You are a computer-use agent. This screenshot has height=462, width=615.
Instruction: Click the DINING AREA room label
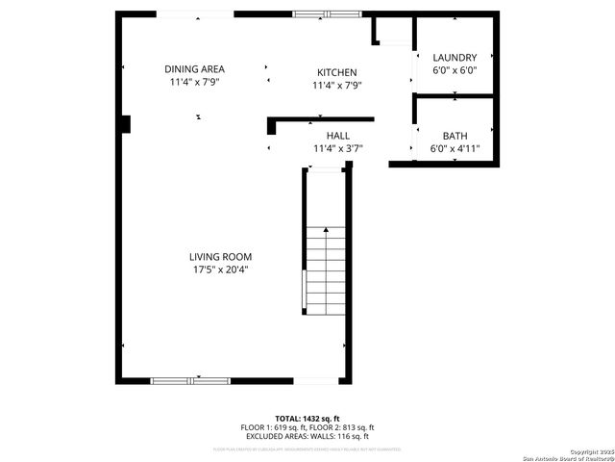coord(194,69)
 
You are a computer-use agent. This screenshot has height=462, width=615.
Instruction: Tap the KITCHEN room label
coord(337,73)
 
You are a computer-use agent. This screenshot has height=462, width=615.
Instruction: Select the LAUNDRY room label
coord(454,58)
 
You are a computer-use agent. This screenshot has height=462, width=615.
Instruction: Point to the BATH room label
coord(454,136)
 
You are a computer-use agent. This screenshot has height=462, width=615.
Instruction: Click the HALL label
coord(337,136)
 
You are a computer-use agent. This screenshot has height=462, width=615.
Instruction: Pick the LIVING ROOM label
coord(220,256)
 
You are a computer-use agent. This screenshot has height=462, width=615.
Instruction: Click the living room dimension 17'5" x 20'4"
coord(220,269)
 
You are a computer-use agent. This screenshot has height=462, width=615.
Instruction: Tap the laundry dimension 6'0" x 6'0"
coord(454,70)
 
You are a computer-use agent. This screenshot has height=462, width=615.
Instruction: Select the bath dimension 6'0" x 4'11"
coord(454,149)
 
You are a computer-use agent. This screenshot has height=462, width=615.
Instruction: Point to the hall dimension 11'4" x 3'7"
coord(337,149)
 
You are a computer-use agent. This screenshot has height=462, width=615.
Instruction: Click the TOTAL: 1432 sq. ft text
coord(307,419)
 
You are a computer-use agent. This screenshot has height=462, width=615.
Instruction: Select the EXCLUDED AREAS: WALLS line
coord(307,436)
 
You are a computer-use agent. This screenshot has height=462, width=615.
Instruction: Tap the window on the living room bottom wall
coord(189,381)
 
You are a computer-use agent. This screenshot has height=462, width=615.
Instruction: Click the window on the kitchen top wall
coord(324,14)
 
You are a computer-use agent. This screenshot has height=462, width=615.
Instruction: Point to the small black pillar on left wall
coord(125,123)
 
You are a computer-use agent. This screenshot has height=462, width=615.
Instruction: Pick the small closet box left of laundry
coord(392,32)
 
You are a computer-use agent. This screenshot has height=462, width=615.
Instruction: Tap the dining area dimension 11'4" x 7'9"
coord(194,83)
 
